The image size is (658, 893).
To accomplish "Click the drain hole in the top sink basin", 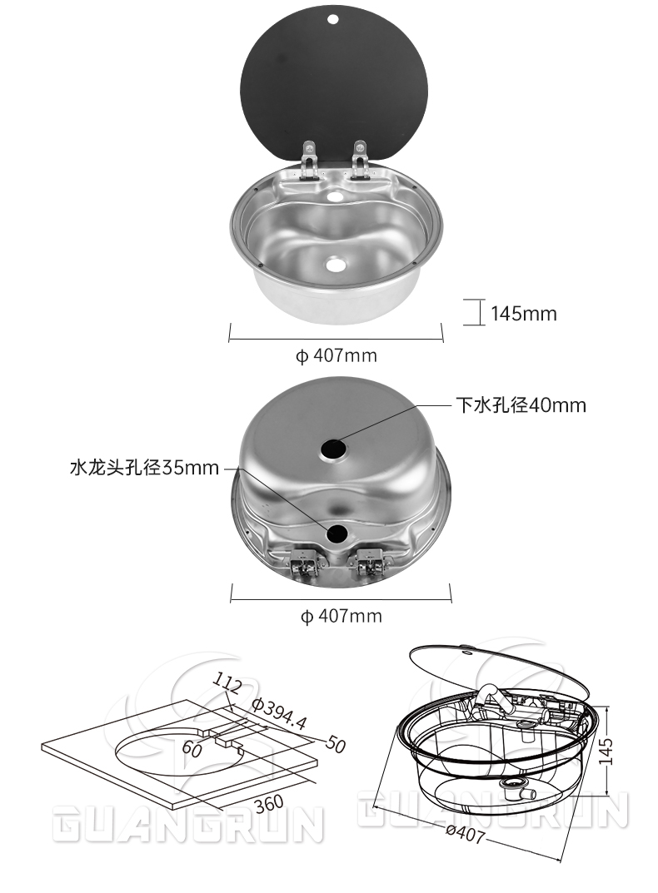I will coord(336,265).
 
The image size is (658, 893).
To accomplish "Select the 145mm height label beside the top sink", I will coord(523,314).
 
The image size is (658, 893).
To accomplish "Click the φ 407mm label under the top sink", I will coord(336,356).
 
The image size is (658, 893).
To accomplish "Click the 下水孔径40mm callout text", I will coord(521,405).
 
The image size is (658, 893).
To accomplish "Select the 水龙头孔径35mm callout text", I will coord(144,468).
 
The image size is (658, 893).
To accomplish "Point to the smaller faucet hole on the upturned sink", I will coord(337,533).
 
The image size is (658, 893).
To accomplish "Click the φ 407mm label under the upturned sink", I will coord(341,617).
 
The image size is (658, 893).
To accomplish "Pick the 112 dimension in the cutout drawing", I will coord(227,684).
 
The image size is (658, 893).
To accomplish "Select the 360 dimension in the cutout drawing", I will coord(267,803).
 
